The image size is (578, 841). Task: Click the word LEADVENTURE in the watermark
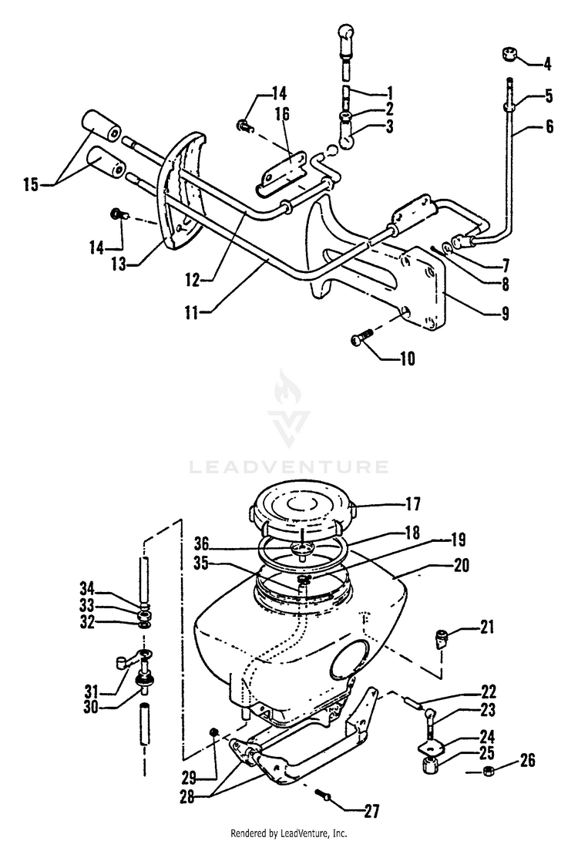tap(289, 466)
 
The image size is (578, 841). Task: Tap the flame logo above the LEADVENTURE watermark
tap(289, 409)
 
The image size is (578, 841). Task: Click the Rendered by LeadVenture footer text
tap(289, 833)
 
